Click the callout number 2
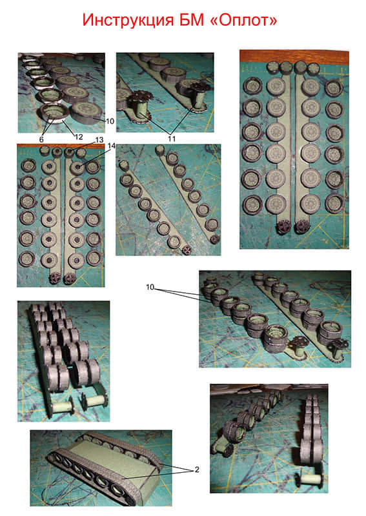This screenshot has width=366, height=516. (197, 470)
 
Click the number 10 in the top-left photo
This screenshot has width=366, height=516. (110, 121)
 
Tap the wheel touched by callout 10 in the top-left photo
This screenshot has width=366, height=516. (85, 110)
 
